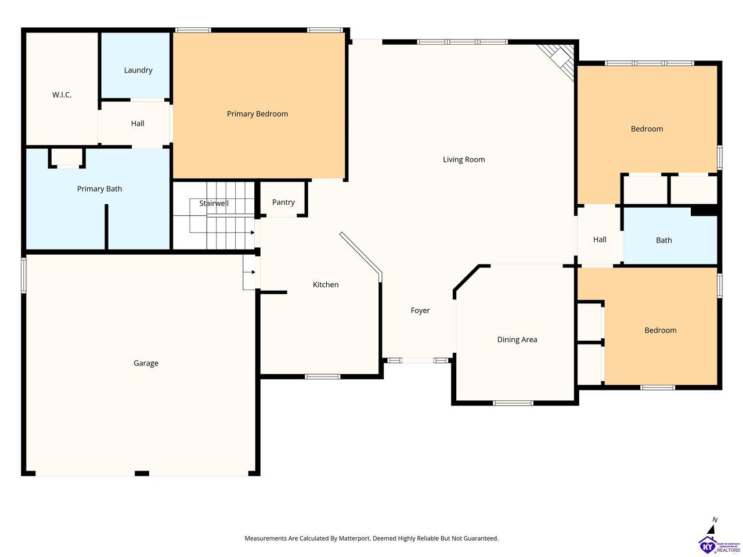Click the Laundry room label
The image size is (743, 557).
click(138, 70)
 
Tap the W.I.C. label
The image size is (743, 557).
click(62, 95)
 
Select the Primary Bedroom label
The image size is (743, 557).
click(257, 114)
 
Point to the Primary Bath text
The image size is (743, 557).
click(99, 189)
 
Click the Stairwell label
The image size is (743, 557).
click(214, 203)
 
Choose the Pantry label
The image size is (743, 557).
click(283, 202)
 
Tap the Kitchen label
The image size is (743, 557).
click(326, 285)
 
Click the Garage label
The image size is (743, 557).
click(146, 363)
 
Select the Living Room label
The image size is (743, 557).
click(464, 160)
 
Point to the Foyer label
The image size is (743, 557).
click(420, 310)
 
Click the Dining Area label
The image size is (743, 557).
click(517, 339)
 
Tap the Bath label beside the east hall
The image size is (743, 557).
click(664, 240)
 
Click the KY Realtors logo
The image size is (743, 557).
click(720, 545)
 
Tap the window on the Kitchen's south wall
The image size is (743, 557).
click(322, 377)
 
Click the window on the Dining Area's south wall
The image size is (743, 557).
click(513, 403)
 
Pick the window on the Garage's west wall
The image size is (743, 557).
click(24, 275)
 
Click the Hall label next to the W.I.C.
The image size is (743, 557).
click(138, 124)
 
